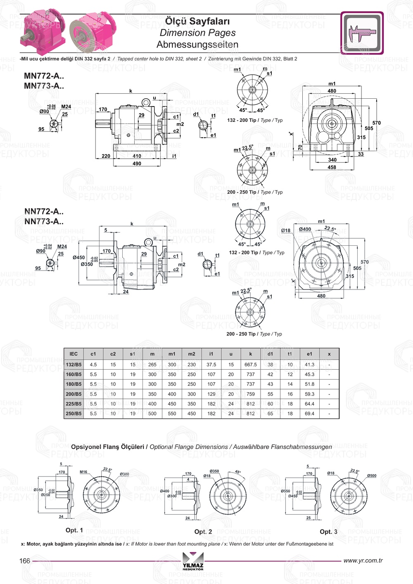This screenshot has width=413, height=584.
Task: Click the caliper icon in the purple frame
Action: click(362, 33)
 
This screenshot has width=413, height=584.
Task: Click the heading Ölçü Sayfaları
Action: click(197, 21)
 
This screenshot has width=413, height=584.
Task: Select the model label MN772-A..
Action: click(44, 76)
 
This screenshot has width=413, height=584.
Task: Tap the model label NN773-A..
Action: click(44, 221)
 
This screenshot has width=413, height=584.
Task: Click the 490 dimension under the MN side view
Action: click(137, 164)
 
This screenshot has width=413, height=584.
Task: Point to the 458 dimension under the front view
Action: click(332, 167)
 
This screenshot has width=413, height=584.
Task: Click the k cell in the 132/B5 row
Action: click(250, 365)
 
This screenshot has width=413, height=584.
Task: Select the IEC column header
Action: click(74, 354)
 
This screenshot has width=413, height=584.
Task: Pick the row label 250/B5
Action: click(74, 413)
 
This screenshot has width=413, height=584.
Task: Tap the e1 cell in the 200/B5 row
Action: click(309, 394)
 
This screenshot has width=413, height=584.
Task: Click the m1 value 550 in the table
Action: click(172, 413)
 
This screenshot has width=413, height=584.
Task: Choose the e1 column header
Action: click(309, 354)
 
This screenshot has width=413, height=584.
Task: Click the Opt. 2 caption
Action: click(203, 532)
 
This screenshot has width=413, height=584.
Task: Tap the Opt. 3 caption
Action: click(328, 532)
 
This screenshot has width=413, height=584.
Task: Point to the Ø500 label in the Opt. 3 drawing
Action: click(372, 476)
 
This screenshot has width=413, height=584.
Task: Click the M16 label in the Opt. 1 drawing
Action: click(83, 472)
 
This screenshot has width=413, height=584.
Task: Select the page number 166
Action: click(25, 560)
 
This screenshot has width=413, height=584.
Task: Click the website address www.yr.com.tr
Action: click(363, 560)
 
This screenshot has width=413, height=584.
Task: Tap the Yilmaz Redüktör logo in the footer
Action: click(193, 561)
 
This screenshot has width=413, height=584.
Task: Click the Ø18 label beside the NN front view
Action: click(286, 230)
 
